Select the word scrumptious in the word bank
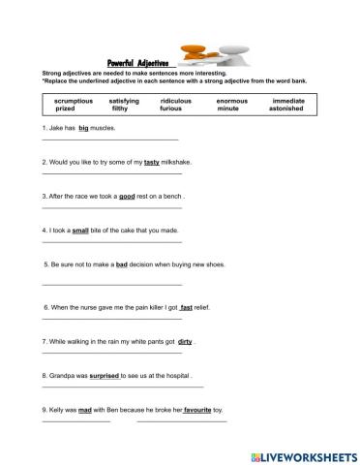(74, 101)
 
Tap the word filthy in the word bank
(123, 109)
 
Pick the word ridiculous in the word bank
(175, 101)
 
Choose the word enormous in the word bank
(231, 101)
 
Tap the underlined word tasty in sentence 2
(151, 162)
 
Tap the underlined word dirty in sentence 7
(186, 341)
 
